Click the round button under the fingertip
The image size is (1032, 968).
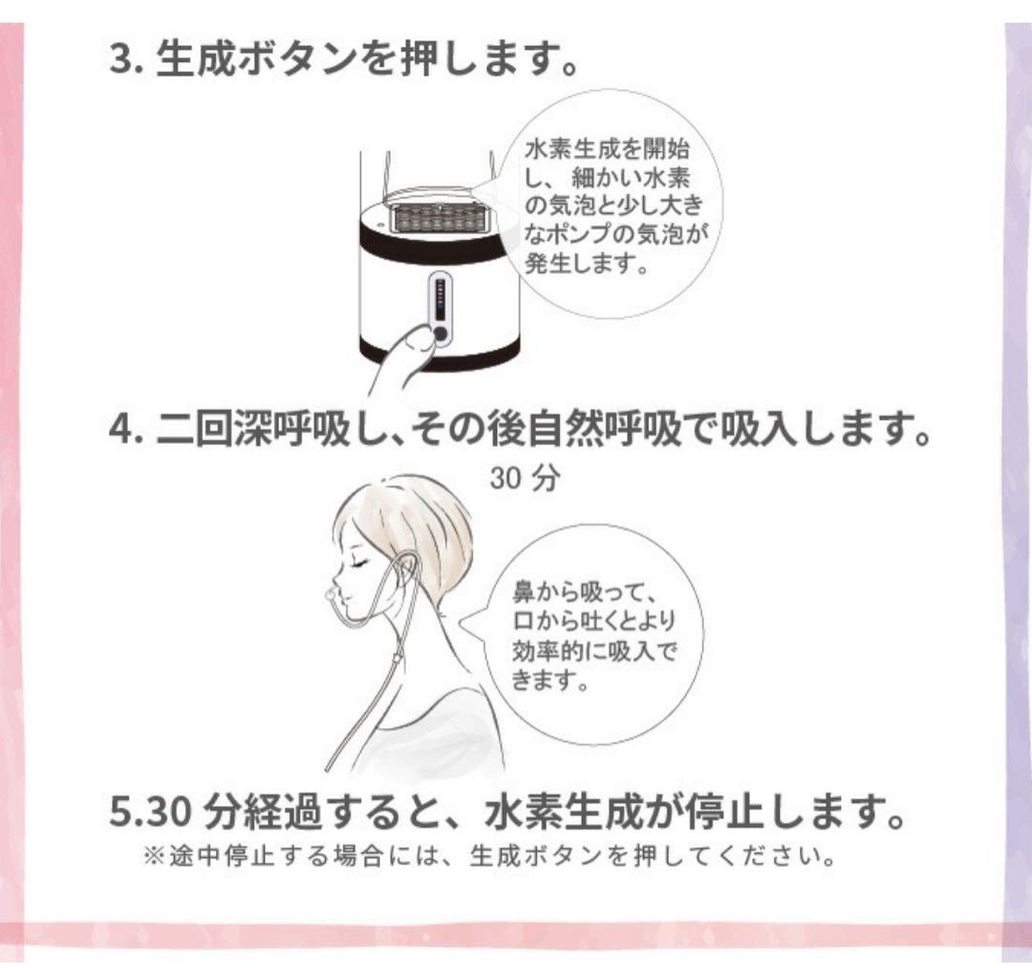click(x=441, y=334)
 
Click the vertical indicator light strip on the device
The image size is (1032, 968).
click(x=441, y=299)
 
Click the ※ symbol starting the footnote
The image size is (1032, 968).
click(x=154, y=856)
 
